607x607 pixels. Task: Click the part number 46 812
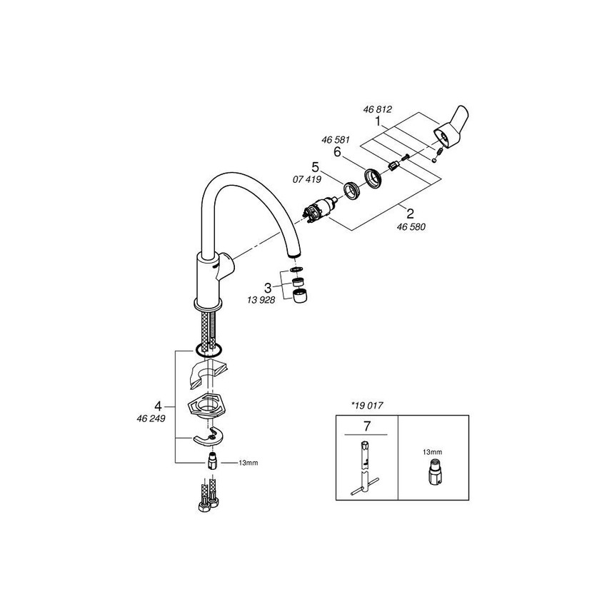pos(378,109)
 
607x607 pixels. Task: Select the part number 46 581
pos(335,140)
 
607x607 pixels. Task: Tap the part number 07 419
pos(307,180)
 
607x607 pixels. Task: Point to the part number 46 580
pos(411,227)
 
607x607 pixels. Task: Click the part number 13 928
pos(261,300)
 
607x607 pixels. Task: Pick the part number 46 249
pos(151,418)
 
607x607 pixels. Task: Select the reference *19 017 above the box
pos(366,406)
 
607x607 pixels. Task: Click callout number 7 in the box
pos(366,426)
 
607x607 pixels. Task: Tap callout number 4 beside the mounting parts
pos(158,406)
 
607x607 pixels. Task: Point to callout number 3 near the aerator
pos(268,288)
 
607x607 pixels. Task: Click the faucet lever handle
pos(452,127)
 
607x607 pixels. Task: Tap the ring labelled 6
pos(374,179)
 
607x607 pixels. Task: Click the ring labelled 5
pos(352,191)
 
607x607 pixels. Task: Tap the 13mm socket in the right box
pos(433,472)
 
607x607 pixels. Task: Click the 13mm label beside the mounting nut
pos(248,463)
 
